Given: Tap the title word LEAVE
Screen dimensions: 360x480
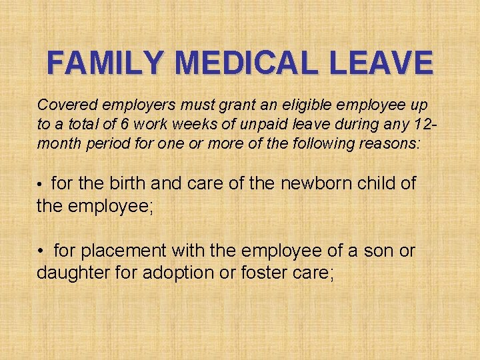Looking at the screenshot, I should click(x=389, y=64).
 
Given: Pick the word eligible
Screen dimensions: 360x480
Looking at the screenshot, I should click(x=305, y=105).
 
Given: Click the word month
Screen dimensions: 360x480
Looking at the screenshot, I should click(x=58, y=143).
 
